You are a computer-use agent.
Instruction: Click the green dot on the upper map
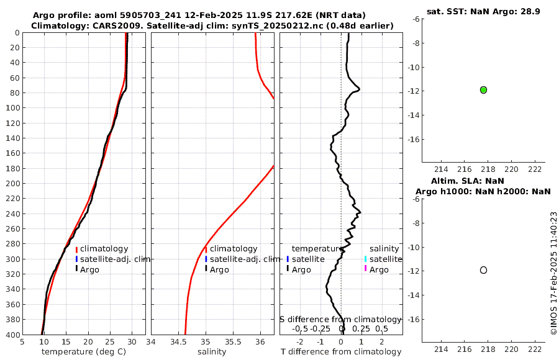pyautogui.click(x=483, y=90)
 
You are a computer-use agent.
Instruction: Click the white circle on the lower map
pyautogui.click(x=483, y=270)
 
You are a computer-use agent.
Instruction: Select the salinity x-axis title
pyautogui.click(x=212, y=352)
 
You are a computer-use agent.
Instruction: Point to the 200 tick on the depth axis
pyautogui.click(x=12, y=184)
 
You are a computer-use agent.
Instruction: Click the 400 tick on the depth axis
pyautogui.click(x=12, y=335)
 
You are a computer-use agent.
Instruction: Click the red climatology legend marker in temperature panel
pyautogui.click(x=76, y=249)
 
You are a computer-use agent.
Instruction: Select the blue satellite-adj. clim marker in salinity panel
pyautogui.click(x=206, y=259)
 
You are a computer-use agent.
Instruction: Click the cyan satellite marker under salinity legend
pyautogui.click(x=366, y=259)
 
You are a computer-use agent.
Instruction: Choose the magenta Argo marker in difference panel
pyautogui.click(x=366, y=269)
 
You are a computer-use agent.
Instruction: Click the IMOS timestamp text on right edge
pyautogui.click(x=553, y=273)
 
